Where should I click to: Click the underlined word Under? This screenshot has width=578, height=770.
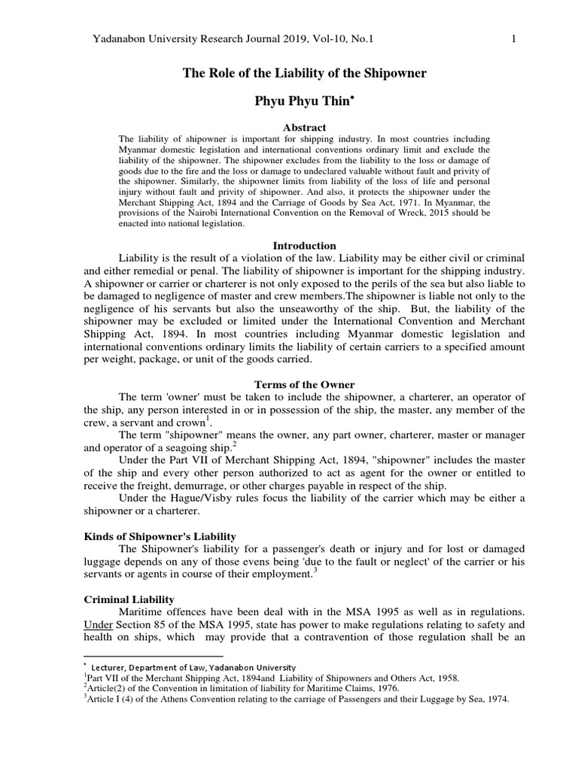(x=97, y=626)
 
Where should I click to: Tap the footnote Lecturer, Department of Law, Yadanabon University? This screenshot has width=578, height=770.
(x=193, y=667)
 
